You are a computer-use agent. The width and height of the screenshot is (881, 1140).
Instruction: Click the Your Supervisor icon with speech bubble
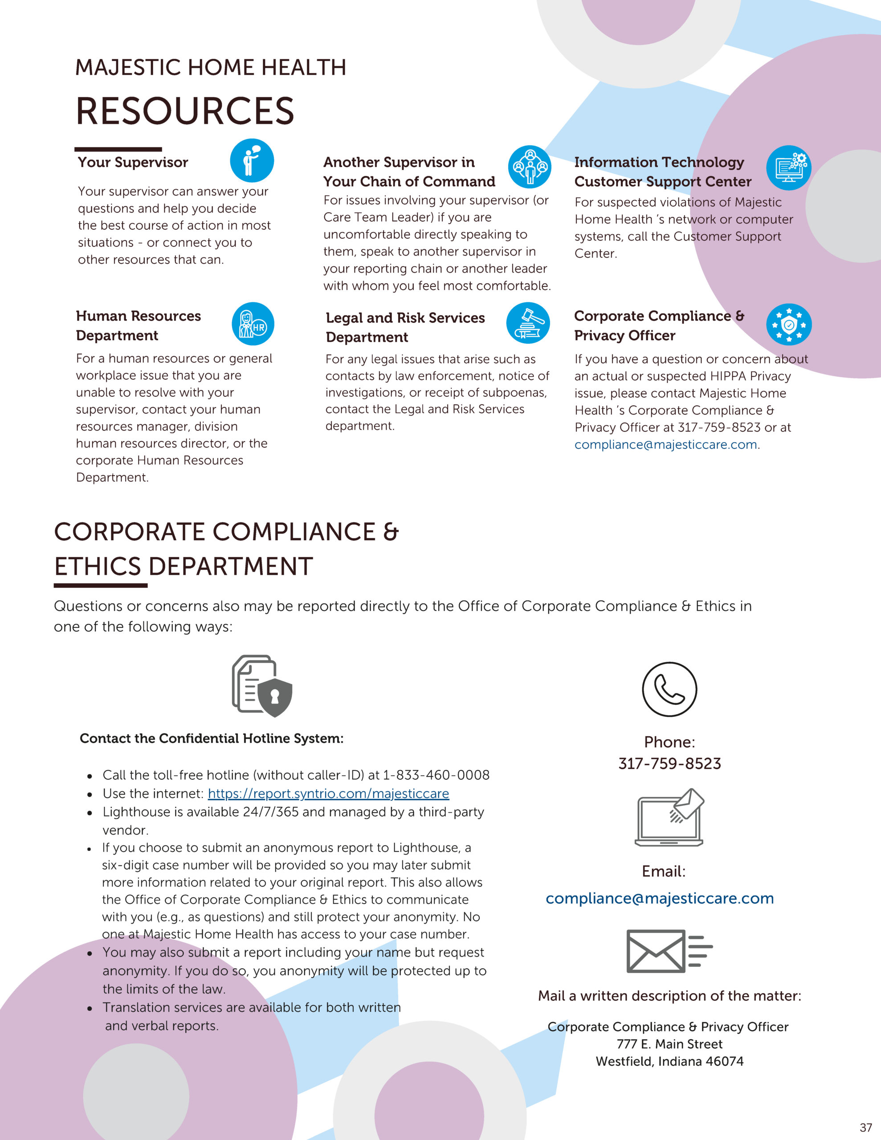(252, 160)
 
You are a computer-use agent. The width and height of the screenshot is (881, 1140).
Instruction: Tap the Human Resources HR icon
(253, 324)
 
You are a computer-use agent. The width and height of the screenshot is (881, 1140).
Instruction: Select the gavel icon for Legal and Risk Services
(528, 323)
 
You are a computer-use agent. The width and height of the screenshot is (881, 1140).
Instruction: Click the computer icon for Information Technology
(788, 167)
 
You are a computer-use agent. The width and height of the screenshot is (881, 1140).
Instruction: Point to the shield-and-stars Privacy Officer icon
(788, 324)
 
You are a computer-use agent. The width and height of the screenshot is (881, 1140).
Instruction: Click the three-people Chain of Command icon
(530, 167)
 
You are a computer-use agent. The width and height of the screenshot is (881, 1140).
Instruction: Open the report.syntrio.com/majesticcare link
(328, 794)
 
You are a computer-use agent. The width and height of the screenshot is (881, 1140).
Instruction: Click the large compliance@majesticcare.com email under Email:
(660, 898)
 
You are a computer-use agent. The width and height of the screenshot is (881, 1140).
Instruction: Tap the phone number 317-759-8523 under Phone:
(669, 764)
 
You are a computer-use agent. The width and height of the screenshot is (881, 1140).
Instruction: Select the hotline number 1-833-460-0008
(436, 774)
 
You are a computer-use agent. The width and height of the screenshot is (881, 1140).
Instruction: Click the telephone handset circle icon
(669, 689)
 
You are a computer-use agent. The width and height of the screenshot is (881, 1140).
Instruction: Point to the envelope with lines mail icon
(669, 951)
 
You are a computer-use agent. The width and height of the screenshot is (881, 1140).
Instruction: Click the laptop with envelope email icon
(669, 818)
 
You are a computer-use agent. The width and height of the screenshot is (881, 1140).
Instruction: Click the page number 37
(866, 1128)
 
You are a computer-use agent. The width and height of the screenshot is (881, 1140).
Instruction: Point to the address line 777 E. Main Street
(669, 1044)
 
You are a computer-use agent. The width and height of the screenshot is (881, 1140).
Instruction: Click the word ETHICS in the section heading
(98, 566)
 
